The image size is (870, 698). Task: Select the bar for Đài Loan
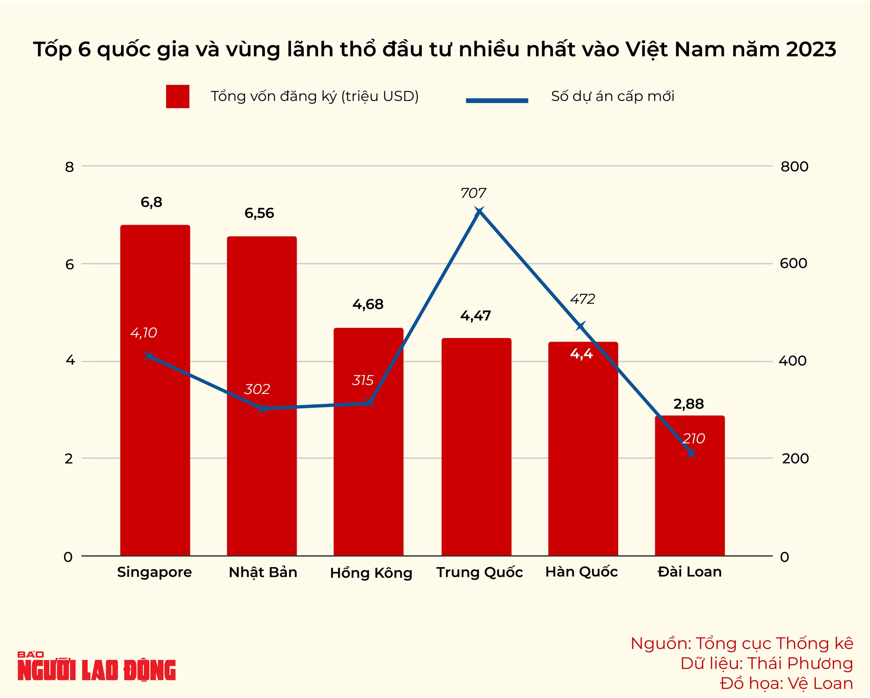[x=690, y=505]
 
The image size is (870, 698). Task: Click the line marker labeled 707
[x=479, y=211]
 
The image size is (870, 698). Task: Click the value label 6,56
[x=259, y=213]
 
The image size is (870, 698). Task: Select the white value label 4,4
[x=581, y=354]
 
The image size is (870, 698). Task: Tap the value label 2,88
[x=689, y=404]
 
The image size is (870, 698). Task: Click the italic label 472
[x=582, y=299]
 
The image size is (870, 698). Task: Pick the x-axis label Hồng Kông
[x=371, y=573]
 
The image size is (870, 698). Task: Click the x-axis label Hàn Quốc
[x=581, y=572]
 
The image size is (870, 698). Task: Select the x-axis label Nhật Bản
[x=263, y=573]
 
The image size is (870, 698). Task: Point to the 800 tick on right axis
[x=794, y=166]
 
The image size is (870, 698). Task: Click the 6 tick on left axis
[x=70, y=265]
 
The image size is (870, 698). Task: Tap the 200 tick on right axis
[x=795, y=459]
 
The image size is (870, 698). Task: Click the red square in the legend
[x=177, y=97]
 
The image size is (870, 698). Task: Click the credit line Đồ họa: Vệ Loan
[x=786, y=683]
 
